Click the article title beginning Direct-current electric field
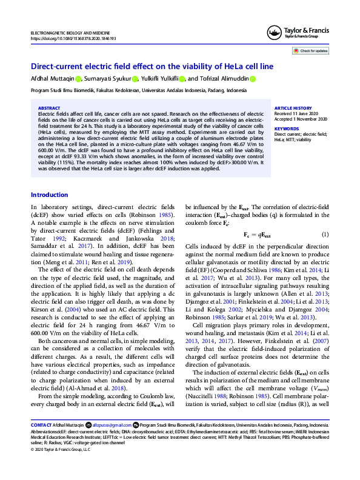coord(153,67)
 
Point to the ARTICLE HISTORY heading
coord(293,107)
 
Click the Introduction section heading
coord(49,195)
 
